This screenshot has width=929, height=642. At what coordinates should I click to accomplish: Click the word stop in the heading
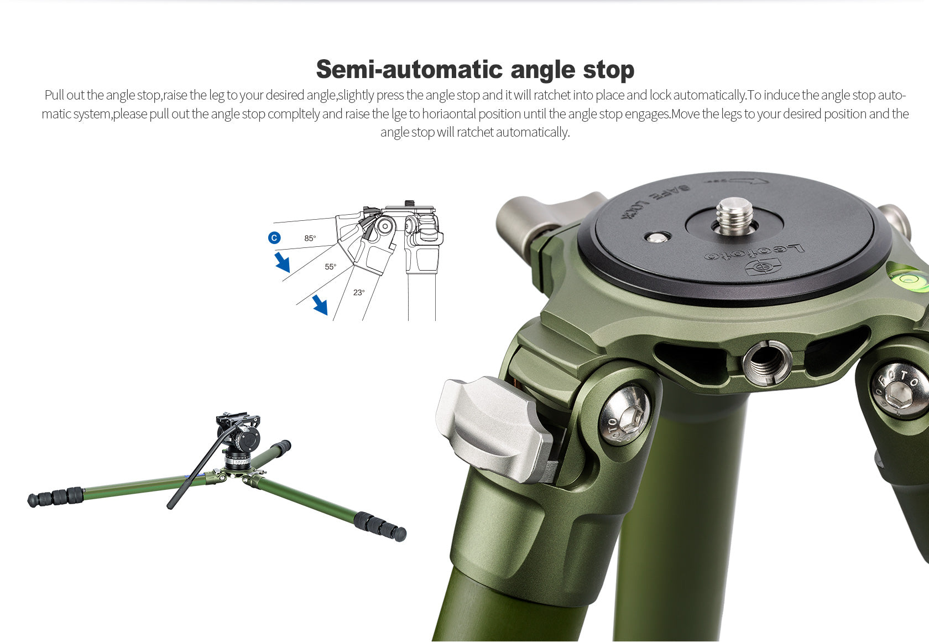pos(608,70)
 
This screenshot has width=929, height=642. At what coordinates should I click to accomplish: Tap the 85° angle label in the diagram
pos(310,239)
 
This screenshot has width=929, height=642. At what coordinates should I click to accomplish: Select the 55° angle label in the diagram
pos(331,267)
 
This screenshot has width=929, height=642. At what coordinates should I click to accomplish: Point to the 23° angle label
pos(359,292)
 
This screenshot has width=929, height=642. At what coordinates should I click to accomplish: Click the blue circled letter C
pos(274,238)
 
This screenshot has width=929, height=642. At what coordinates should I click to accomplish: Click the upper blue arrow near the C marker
pos(283,262)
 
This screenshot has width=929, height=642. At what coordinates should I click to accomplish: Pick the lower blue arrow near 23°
pos(320,305)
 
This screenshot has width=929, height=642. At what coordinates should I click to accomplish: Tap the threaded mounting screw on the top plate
pos(734,216)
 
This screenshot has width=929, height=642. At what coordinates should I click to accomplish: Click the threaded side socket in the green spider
pos(767,363)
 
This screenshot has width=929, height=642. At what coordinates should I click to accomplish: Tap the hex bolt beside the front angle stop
pos(625,415)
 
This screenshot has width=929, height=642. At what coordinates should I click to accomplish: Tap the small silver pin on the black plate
pos(657,237)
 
